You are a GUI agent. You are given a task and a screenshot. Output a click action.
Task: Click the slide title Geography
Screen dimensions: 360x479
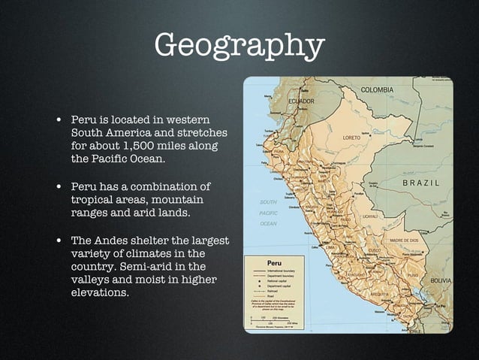coord(239,46)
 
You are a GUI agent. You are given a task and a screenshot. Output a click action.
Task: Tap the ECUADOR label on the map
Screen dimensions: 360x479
coord(301,101)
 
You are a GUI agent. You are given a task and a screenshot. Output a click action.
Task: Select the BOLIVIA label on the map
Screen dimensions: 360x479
coord(440,280)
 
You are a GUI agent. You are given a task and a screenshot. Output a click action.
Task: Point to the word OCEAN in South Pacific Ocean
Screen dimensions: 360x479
coord(268,223)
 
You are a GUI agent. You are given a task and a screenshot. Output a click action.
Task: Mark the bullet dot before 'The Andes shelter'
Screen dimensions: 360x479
coord(58,241)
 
